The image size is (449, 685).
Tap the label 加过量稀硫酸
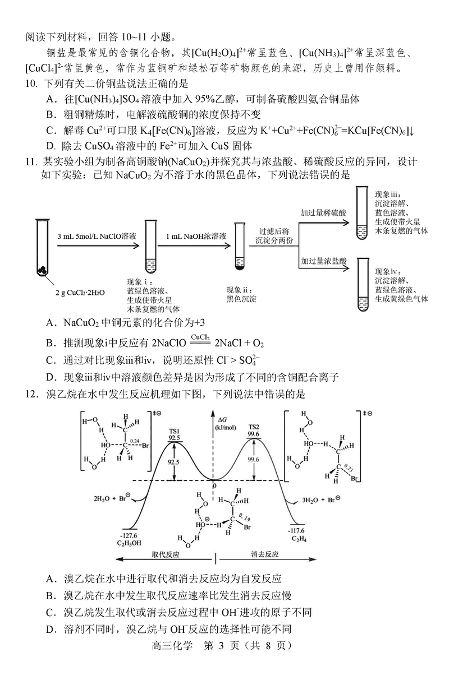tap(324, 213)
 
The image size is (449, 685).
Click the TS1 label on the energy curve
tap(174, 431)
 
